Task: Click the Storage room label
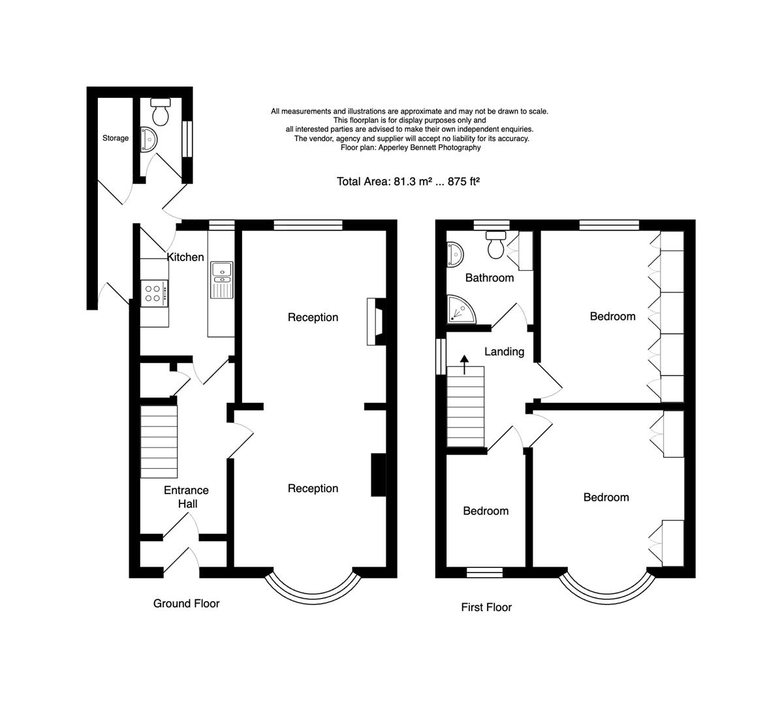116,138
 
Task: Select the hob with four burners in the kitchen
155,293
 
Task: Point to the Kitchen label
185,257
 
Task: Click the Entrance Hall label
186,497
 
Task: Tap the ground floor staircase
159,443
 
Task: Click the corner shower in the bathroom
461,309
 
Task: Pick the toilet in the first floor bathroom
496,244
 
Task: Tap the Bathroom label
489,278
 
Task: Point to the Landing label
504,352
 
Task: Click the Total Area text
408,181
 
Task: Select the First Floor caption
486,608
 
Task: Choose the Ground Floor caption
186,604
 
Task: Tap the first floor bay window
607,589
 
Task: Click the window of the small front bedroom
485,572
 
